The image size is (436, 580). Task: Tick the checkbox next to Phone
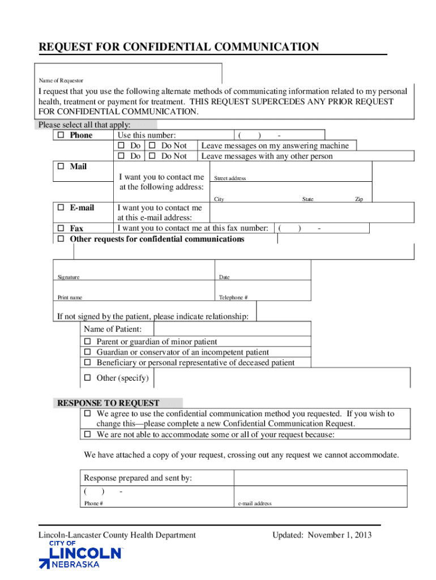tap(61, 136)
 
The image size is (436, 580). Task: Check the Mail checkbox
tap(61, 167)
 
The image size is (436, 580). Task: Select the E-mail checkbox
tap(61, 208)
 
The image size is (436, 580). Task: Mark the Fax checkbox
tap(61, 228)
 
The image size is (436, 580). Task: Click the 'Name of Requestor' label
tap(61, 81)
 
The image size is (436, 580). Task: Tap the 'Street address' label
tap(230, 178)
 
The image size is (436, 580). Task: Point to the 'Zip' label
tap(359, 199)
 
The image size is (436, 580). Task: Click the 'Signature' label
tap(69, 278)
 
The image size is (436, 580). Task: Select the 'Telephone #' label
tap(233, 298)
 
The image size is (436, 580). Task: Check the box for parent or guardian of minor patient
tap(88, 342)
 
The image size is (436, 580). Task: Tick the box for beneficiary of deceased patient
tap(88, 362)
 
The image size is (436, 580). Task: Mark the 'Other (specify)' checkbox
tap(88, 378)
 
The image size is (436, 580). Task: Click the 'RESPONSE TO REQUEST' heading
tap(107, 403)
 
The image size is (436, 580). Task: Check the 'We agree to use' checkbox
tap(88, 414)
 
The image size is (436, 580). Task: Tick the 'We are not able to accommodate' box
tap(88, 434)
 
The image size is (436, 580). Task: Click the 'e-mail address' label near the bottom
tap(255, 504)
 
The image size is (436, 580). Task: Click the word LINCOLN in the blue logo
tap(86, 553)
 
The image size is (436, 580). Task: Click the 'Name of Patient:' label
tap(113, 330)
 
